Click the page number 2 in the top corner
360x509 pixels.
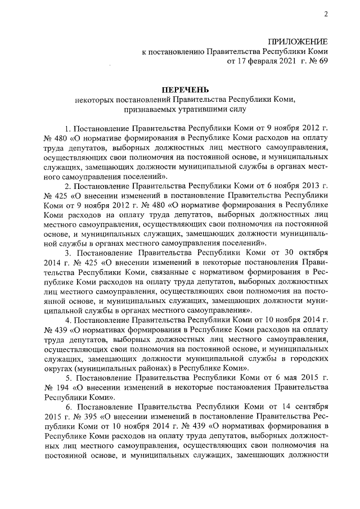pos(325,15)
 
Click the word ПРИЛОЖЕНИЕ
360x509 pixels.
pos(298,42)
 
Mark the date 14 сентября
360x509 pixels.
pos(304,406)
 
